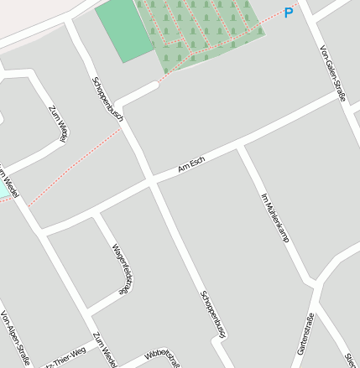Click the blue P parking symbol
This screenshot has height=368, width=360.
click(x=289, y=13)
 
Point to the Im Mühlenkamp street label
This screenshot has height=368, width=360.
click(x=274, y=218)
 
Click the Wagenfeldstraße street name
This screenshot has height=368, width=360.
click(x=122, y=268)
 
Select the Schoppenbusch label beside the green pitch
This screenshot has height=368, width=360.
click(x=107, y=99)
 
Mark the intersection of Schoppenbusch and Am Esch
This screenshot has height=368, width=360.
click(x=151, y=179)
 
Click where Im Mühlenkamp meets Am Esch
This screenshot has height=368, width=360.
click(x=241, y=148)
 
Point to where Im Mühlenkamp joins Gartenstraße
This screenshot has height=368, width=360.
click(x=319, y=282)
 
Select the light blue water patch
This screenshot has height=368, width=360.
click(x=5, y=189)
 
